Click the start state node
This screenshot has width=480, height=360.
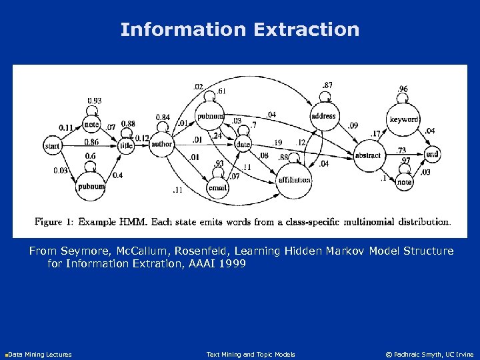pyautogui.click(x=52, y=145)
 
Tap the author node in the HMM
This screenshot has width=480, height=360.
pyautogui.click(x=162, y=144)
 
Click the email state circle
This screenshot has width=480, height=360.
pyautogui.click(x=218, y=188)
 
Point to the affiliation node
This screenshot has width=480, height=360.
pyautogui.click(x=294, y=179)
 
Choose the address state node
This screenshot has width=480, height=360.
pyautogui.click(x=323, y=116)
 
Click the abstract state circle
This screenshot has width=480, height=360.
pyautogui.click(x=368, y=155)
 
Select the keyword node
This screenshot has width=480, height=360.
pyautogui.click(x=404, y=119)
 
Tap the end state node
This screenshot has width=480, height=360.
pyautogui.click(x=432, y=154)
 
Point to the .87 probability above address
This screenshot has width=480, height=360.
pyautogui.click(x=327, y=85)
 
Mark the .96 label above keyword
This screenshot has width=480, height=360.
pyautogui.click(x=403, y=89)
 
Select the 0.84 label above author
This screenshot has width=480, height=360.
pyautogui.click(x=162, y=118)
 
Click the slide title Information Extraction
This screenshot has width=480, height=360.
pyautogui.click(x=240, y=29)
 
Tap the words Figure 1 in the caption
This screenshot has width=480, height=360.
pyautogui.click(x=54, y=221)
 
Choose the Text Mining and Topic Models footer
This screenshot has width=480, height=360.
pyautogui.click(x=251, y=354)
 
